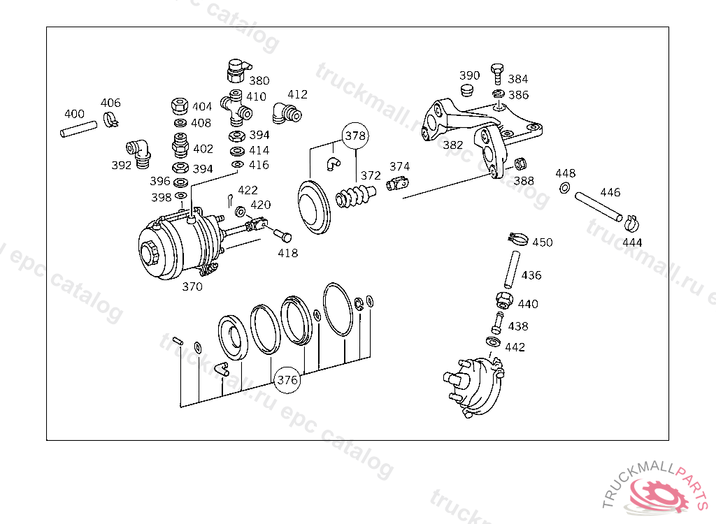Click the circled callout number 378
355,136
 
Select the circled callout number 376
287,380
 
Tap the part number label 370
192,286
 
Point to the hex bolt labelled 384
497,74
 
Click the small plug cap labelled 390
466,90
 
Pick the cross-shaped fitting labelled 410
236,108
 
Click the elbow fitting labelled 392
139,152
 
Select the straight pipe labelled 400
78,129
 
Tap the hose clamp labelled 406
110,119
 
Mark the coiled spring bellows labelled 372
356,196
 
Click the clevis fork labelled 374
397,182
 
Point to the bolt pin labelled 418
282,235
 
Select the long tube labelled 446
599,207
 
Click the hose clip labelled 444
631,223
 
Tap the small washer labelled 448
564,187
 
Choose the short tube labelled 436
513,269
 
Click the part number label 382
453,145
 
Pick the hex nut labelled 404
180,106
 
